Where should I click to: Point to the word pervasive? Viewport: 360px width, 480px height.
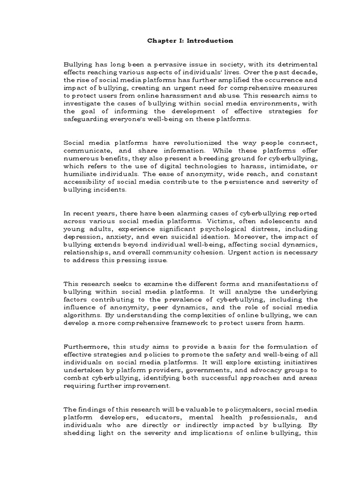[157, 64]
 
